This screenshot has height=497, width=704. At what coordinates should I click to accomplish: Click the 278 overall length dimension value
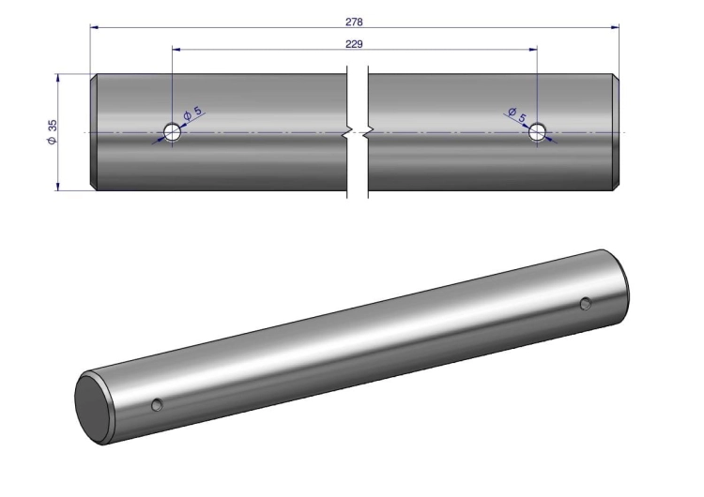pyautogui.click(x=354, y=22)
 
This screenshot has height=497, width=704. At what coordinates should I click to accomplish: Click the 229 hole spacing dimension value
pyautogui.click(x=354, y=44)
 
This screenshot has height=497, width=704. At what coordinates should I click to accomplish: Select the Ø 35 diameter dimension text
pyautogui.click(x=52, y=132)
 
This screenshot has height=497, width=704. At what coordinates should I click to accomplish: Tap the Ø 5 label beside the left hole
pyautogui.click(x=193, y=113)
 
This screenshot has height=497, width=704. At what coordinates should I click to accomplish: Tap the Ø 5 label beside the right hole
pyautogui.click(x=517, y=114)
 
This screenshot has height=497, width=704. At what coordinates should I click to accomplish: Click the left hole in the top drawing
pyautogui.click(x=172, y=132)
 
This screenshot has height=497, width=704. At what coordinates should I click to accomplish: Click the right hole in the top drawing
pyautogui.click(x=537, y=132)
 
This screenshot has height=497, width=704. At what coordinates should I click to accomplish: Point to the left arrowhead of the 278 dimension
pyautogui.click(x=94, y=27)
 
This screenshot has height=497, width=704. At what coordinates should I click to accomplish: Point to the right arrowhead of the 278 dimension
pyautogui.click(x=615, y=27)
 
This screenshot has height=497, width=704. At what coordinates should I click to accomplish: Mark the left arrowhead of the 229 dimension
pyautogui.click(x=176, y=50)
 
